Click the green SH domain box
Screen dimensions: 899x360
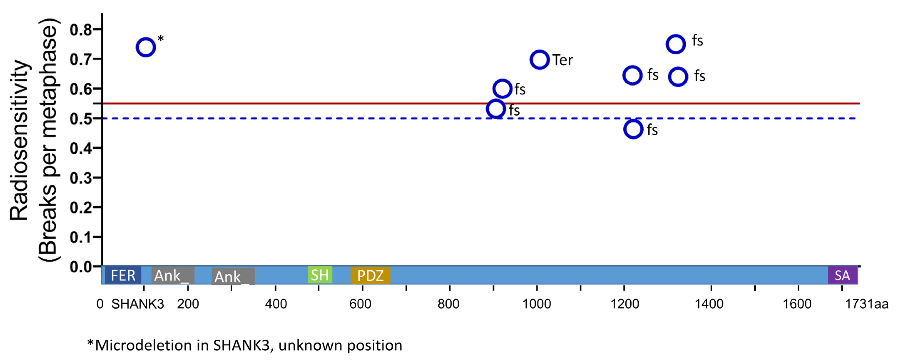(x=320, y=275)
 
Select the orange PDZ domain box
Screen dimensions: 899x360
(x=370, y=275)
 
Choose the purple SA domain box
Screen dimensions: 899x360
(x=842, y=275)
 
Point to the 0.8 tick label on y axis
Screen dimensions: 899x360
(x=81, y=30)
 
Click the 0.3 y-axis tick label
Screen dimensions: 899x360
(x=81, y=178)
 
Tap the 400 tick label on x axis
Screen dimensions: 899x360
(x=276, y=304)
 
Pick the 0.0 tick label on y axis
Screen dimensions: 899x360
(x=81, y=267)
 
